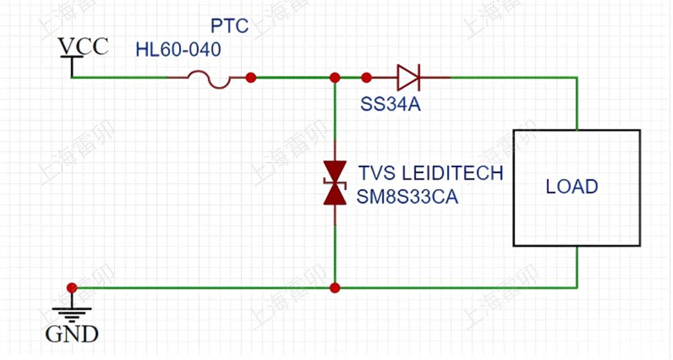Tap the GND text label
coord(72,333)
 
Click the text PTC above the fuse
coord(229,26)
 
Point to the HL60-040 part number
coord(178,50)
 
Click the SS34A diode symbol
coord(408,77)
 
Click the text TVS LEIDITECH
coord(430,173)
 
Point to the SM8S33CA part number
coord(408,197)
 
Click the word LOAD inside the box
coord(572,186)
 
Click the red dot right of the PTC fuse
coord(251,78)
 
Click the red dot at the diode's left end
coord(366,78)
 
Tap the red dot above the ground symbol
coord(72,288)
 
